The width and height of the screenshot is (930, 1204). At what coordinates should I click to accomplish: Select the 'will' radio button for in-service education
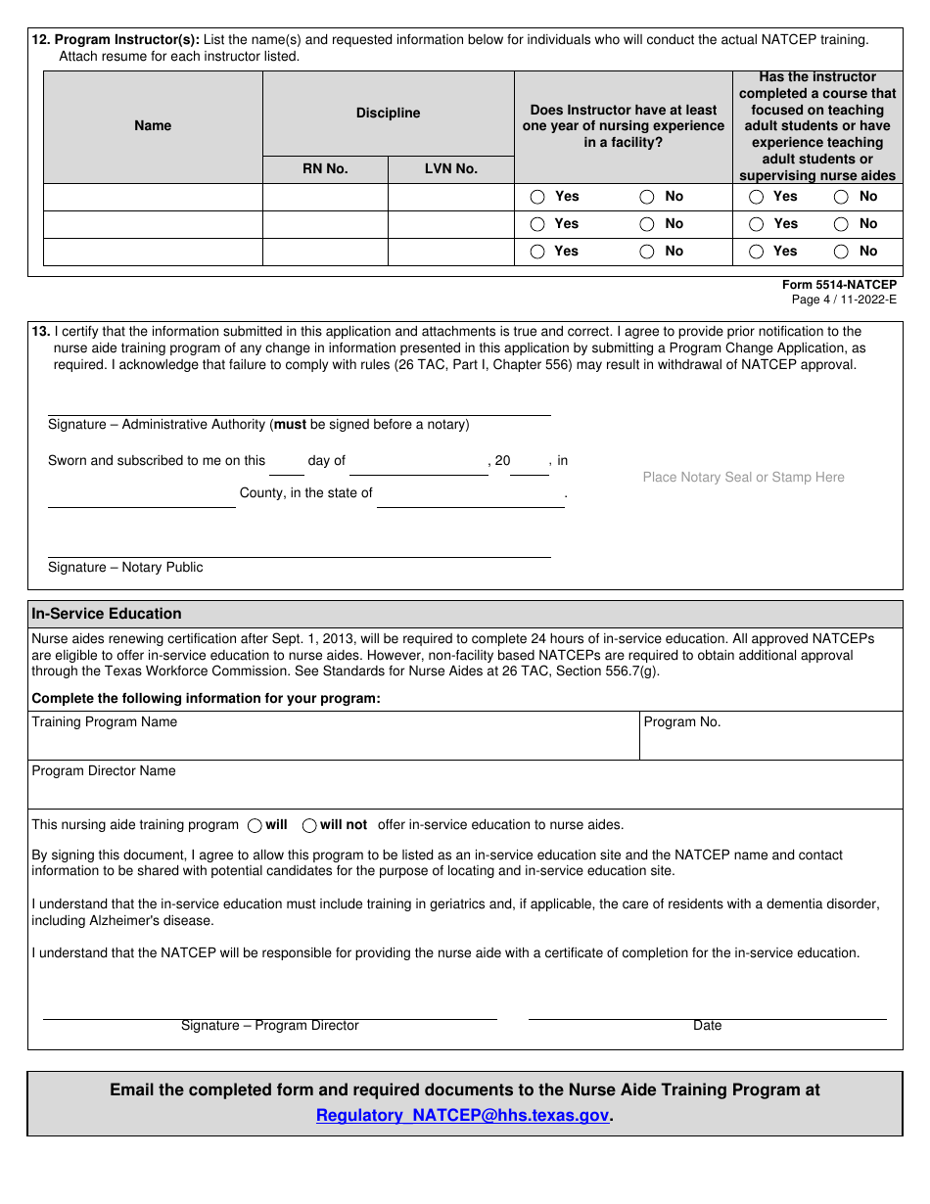point(256,825)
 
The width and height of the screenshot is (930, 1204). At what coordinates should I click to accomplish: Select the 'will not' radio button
point(309,825)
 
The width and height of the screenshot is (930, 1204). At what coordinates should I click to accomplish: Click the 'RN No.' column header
point(325,168)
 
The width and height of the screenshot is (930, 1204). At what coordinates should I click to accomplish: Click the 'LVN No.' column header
point(451,168)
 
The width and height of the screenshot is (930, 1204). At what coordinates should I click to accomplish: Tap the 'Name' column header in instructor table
point(153,125)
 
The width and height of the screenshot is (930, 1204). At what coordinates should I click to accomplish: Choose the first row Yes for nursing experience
point(537,197)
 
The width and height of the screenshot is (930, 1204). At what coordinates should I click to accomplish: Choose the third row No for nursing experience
point(647,252)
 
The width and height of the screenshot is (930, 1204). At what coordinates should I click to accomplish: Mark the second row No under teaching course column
point(841,224)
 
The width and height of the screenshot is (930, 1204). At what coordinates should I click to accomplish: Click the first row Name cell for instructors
point(153,197)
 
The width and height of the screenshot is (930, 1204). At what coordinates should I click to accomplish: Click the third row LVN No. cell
point(451,252)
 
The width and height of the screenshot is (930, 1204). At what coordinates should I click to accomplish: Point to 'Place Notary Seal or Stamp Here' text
point(743,477)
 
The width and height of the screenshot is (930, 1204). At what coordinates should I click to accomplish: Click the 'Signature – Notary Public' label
point(125,567)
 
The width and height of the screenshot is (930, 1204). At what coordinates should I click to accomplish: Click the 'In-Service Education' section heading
point(107,614)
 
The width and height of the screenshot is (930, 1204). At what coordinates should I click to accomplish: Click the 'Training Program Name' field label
point(105,722)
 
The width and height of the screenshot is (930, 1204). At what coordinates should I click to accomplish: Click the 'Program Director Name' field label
point(104,771)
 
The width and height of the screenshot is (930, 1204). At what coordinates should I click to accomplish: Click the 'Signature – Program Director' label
point(270,1026)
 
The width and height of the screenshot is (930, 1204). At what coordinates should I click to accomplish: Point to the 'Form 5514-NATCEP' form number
point(839,285)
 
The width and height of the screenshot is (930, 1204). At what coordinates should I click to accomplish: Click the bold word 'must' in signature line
point(290,425)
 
